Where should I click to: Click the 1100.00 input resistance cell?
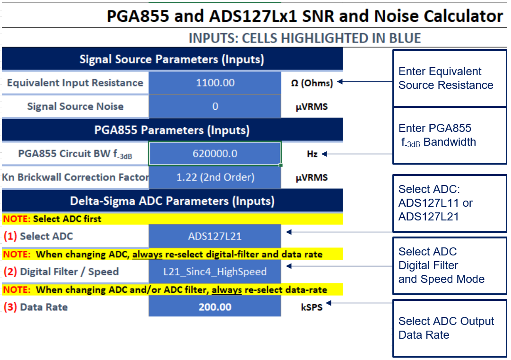[215, 83]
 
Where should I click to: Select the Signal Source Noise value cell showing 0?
[215, 106]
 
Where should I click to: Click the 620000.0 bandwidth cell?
[215, 154]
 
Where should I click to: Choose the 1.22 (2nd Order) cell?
[215, 177]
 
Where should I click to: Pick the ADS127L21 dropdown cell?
[215, 236]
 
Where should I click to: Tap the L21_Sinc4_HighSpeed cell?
[215, 272]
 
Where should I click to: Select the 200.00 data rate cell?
[215, 307]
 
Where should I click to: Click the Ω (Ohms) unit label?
[312, 83]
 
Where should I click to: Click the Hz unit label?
[312, 154]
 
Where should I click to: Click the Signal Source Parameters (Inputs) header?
[172, 59]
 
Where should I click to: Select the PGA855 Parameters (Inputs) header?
[172, 130]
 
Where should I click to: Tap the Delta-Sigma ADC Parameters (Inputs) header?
[172, 201]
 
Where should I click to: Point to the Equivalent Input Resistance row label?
[75, 83]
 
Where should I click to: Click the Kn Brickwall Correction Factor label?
[75, 177]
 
